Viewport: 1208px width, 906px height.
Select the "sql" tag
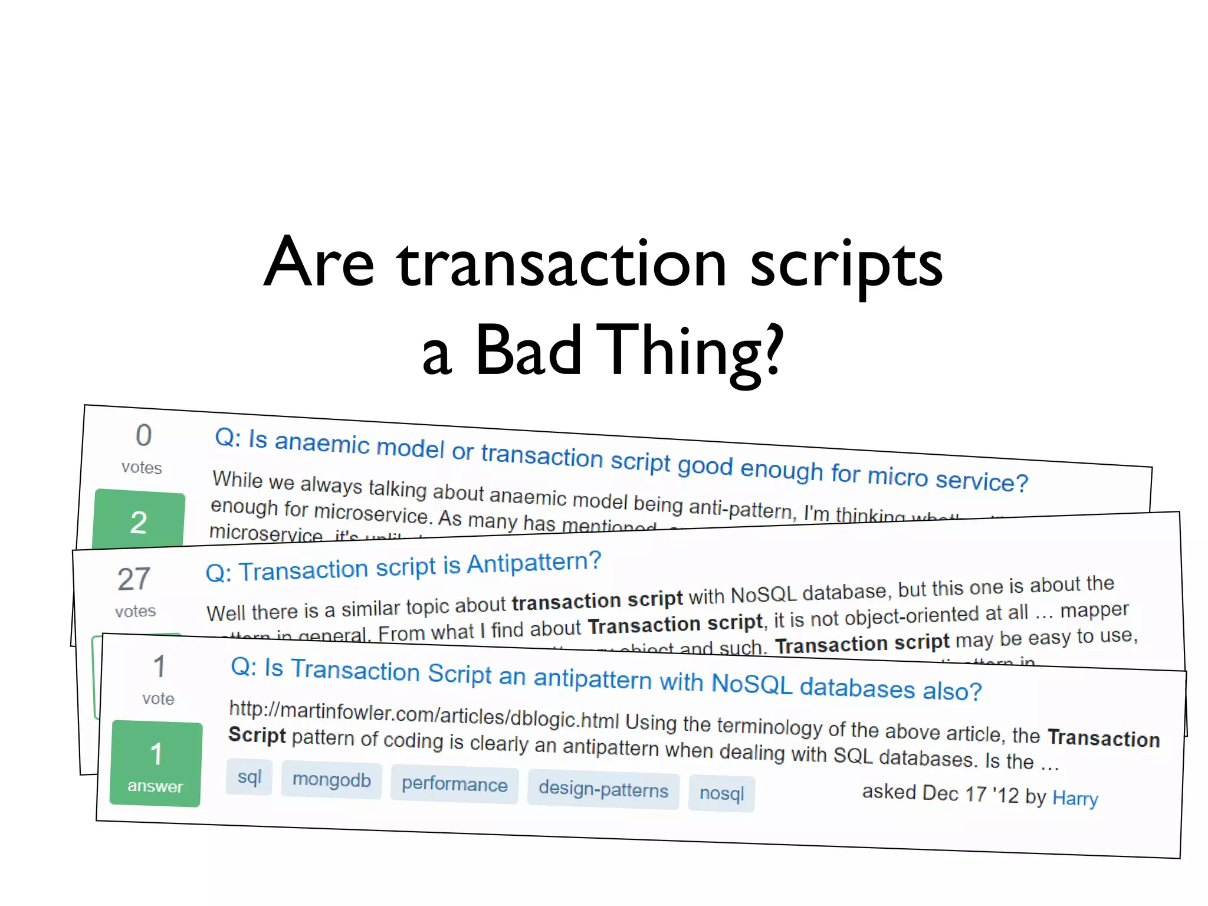250,777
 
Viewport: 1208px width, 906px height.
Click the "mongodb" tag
331,780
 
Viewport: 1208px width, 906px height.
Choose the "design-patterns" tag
603,789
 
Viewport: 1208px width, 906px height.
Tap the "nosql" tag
721,793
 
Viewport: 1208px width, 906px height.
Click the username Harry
1075,799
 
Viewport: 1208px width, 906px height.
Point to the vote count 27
134,579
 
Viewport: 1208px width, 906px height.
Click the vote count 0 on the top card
143,436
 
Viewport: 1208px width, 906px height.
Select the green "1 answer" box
156,764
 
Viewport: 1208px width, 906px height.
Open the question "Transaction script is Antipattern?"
403,567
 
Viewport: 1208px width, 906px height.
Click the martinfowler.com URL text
424,714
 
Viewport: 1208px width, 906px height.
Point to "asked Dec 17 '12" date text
940,793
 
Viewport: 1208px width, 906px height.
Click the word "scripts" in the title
846,265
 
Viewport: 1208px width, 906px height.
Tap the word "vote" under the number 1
158,699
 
